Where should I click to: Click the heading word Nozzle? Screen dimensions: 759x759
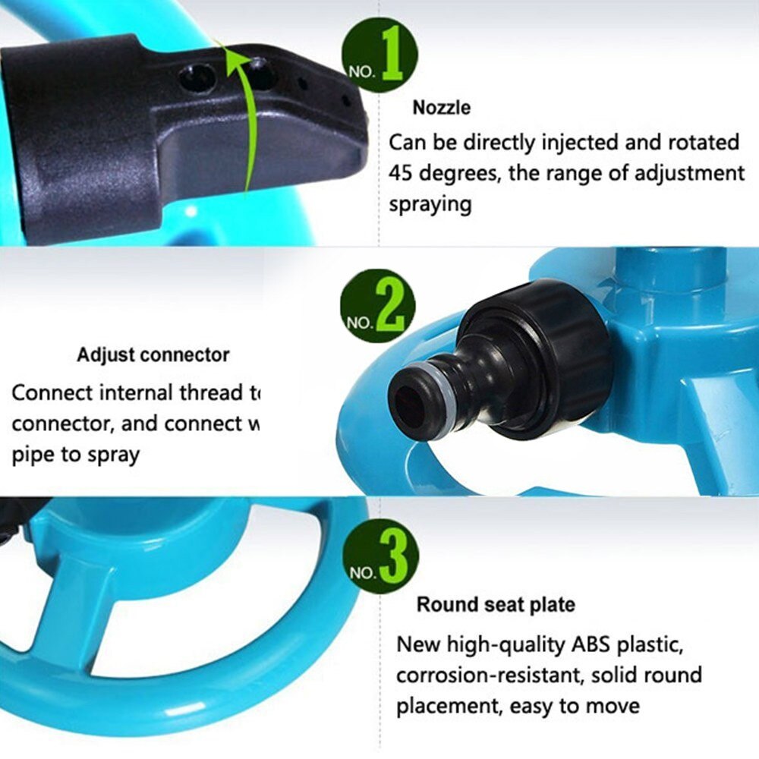click(441, 108)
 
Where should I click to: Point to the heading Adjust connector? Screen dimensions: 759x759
click(153, 354)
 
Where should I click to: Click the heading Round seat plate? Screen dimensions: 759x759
click(495, 605)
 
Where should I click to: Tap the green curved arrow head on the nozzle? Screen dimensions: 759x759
click(228, 52)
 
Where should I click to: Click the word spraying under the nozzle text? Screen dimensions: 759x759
click(430, 204)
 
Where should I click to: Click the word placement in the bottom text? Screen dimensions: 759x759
click(445, 707)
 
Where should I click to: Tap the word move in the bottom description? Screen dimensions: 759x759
click(612, 707)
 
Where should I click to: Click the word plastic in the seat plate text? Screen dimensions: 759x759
click(649, 645)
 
